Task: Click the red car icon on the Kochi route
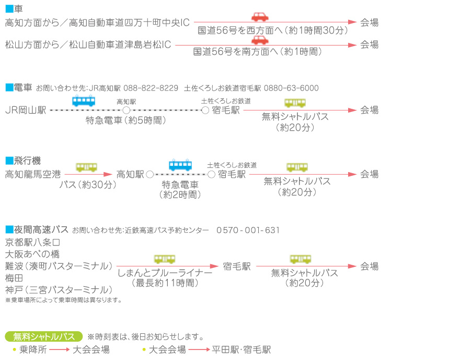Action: tap(260, 17)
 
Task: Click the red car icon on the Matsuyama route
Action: tap(260, 40)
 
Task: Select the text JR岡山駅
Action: tap(26, 110)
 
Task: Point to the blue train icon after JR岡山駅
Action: tap(84, 100)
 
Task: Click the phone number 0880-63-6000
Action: tap(291, 88)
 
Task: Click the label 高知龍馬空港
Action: tap(33, 174)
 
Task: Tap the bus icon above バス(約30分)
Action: tap(87, 167)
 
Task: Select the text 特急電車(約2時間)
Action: tap(180, 189)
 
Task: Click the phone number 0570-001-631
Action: tap(248, 230)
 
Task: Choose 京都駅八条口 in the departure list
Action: tap(33, 242)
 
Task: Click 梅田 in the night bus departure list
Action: tap(14, 278)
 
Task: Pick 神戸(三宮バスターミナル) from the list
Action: tap(59, 290)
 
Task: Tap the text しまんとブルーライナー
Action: tap(165, 273)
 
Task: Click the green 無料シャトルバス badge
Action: tap(44, 336)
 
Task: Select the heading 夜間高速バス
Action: tap(37, 230)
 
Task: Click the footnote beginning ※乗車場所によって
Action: tap(63, 300)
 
